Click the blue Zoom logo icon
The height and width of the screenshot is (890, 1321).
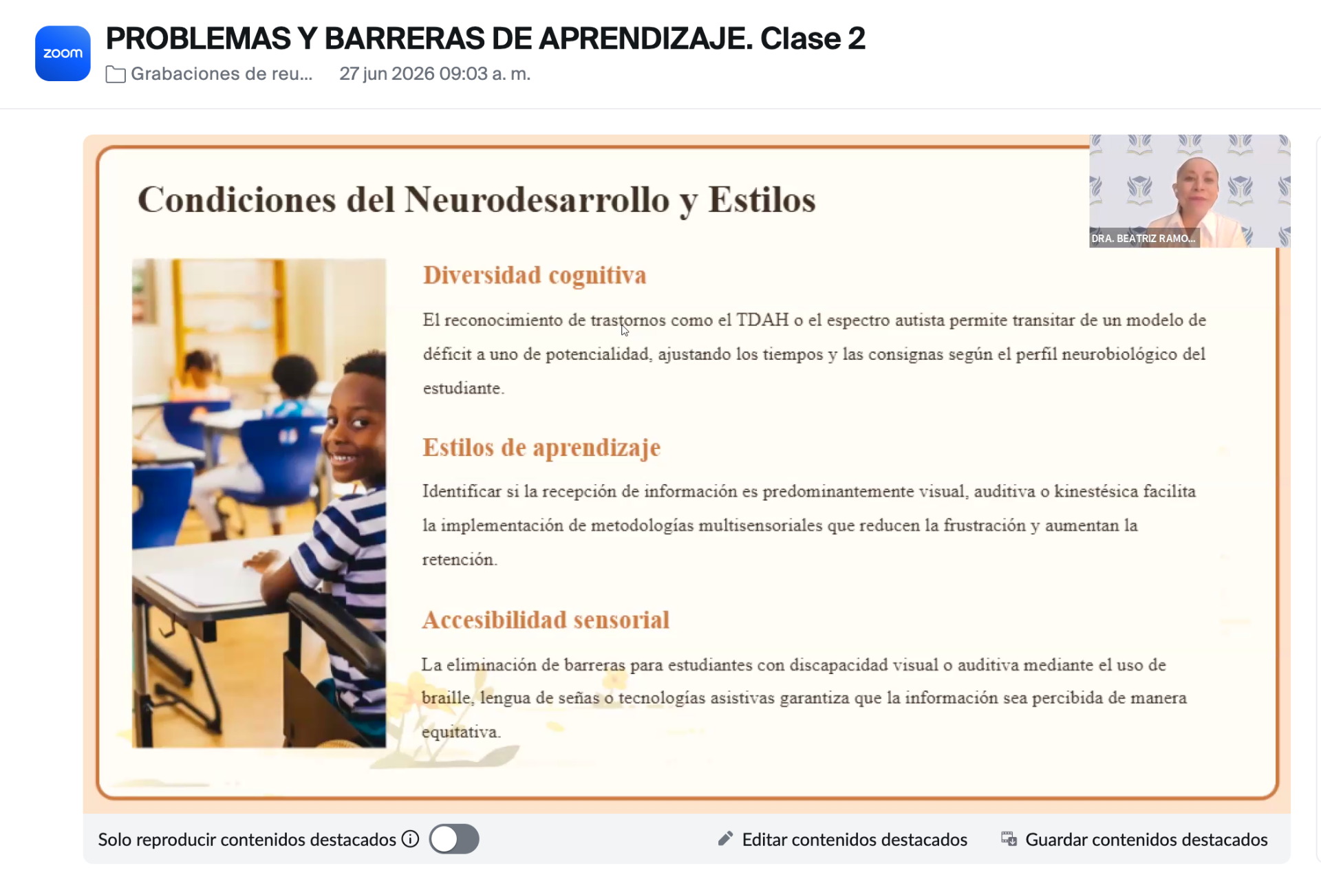click(x=63, y=53)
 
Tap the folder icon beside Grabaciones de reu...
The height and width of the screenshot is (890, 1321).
click(x=116, y=74)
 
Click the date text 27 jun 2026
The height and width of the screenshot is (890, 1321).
click(x=387, y=74)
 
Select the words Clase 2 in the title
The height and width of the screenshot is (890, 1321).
click(x=813, y=39)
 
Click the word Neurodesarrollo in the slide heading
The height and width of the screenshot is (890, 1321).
click(x=537, y=200)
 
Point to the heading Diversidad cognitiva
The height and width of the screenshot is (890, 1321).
click(x=535, y=275)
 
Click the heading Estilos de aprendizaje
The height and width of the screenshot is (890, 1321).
click(x=541, y=448)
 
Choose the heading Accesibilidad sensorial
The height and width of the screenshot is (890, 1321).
click(x=546, y=620)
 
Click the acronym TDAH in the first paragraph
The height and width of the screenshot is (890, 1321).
click(x=762, y=320)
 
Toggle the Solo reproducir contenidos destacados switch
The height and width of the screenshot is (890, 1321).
click(x=454, y=839)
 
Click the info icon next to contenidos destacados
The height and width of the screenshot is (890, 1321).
click(x=410, y=839)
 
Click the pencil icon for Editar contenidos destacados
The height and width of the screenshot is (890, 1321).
click(x=725, y=838)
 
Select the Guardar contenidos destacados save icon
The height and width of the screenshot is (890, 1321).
click(x=1009, y=838)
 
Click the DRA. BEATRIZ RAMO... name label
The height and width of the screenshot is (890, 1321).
click(x=1143, y=239)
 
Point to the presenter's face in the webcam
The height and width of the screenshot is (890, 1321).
click(x=1196, y=185)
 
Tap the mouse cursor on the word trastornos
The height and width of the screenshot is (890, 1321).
click(x=625, y=330)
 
